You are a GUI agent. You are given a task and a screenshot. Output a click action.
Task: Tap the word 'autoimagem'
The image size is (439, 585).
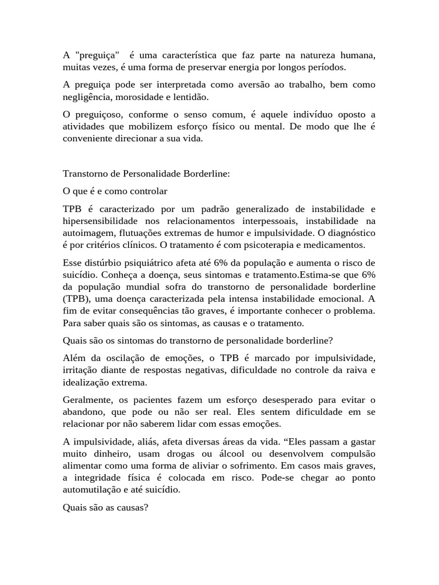[x=90, y=233]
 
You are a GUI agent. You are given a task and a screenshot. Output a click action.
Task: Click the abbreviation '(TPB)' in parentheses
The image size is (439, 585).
[x=76, y=298]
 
